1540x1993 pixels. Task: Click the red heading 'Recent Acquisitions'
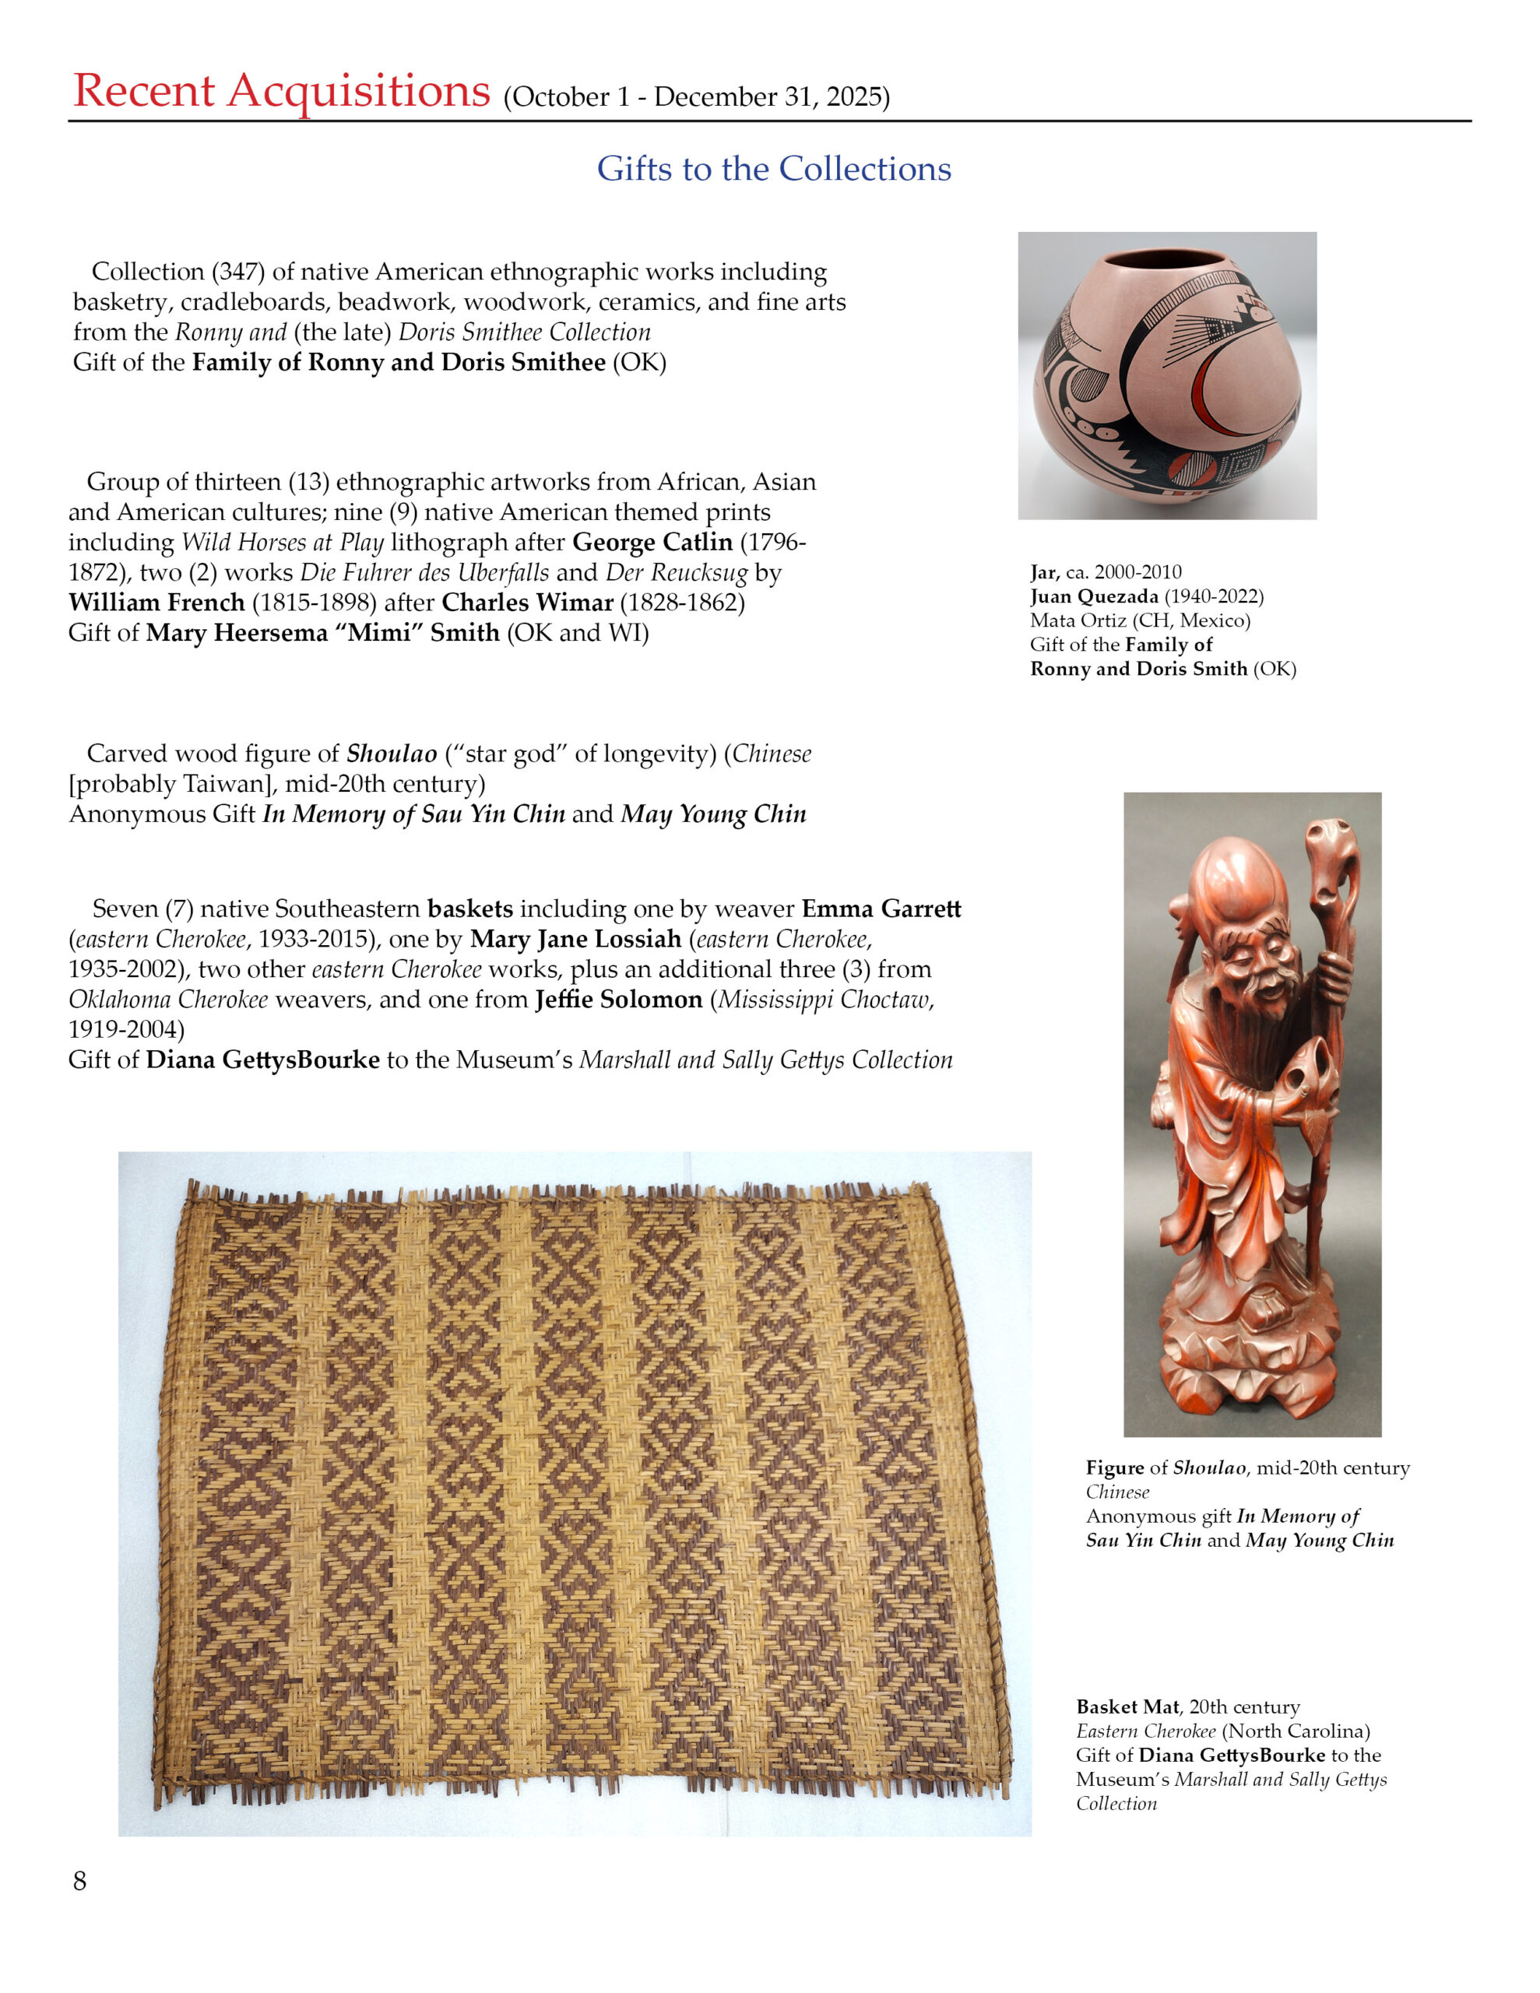point(281,91)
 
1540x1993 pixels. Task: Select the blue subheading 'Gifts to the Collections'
point(773,169)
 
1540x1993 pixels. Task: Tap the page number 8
point(79,1881)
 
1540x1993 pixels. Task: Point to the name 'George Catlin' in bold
point(652,542)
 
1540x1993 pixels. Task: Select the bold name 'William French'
point(156,603)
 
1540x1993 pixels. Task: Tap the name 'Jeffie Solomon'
point(618,1000)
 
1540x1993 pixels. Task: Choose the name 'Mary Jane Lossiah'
point(576,939)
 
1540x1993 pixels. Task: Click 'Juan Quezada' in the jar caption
point(1094,597)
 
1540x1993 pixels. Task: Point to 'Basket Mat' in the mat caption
point(1127,1707)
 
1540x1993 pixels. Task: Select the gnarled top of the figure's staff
point(1329,853)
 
